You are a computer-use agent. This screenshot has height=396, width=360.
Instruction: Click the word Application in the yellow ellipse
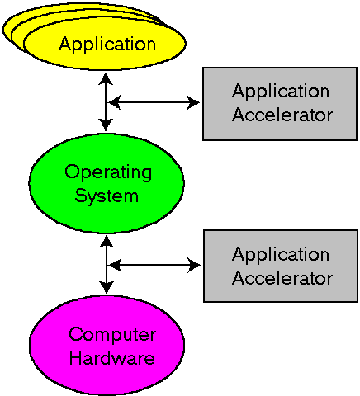(107, 45)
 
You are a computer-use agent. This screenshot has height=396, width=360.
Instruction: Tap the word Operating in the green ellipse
(108, 172)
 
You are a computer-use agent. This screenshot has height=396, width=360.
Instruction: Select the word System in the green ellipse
(107, 196)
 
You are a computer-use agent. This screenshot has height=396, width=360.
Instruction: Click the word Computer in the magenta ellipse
(112, 335)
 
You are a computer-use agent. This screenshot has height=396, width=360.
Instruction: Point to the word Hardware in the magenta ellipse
(112, 358)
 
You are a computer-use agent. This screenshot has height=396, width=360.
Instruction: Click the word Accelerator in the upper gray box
(282, 115)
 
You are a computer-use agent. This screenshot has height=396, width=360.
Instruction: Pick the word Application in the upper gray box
(281, 92)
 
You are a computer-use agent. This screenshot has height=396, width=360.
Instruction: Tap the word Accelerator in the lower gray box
(282, 277)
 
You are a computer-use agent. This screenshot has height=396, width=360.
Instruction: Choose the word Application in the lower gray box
(281, 255)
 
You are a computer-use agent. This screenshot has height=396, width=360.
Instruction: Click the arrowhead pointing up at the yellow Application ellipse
(106, 78)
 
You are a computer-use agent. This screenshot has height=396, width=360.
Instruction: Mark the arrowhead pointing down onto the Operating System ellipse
(106, 125)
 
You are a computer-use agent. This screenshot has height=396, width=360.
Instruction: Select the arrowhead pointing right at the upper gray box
(193, 102)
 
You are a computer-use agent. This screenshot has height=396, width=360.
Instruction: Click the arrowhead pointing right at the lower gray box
(195, 266)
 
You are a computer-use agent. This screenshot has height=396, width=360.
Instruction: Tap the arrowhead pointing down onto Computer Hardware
(107, 287)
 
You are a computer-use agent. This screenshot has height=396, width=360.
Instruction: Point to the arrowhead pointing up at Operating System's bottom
(107, 242)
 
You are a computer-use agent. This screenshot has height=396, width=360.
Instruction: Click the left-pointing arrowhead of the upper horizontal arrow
(115, 102)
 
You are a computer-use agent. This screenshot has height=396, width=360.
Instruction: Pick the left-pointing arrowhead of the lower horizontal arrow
(115, 266)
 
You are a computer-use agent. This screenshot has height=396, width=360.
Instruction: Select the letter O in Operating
(72, 172)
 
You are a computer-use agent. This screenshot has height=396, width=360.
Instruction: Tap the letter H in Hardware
(76, 358)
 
